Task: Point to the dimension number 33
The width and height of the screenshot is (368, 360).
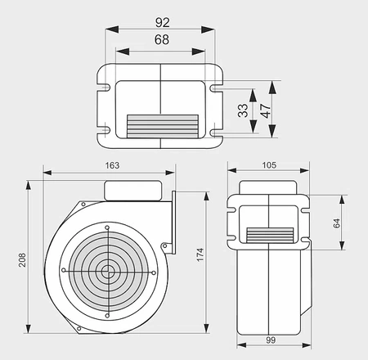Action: [x=243, y=110]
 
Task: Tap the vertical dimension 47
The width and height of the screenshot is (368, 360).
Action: [x=267, y=110]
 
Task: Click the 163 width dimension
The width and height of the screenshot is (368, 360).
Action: [x=112, y=165]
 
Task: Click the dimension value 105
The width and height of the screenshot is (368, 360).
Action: [x=269, y=165]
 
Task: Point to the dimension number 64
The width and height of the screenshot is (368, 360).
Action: [x=334, y=222]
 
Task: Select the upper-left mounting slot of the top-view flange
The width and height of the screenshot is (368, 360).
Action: [x=105, y=83]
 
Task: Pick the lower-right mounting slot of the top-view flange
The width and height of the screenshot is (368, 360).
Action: [x=216, y=128]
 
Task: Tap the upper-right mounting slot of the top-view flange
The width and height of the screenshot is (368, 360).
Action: [x=216, y=83]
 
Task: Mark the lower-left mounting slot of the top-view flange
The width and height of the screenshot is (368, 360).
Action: [x=105, y=128]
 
